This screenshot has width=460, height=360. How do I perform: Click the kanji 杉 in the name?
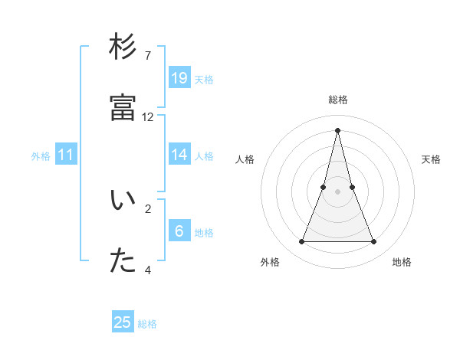[123, 47]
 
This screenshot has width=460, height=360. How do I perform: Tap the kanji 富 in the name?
[123, 109]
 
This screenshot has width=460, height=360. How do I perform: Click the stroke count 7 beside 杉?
[147, 56]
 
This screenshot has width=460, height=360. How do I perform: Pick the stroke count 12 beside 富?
[148, 117]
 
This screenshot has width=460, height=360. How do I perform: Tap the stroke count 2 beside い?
[147, 208]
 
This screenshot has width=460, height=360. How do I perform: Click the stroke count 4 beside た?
[147, 270]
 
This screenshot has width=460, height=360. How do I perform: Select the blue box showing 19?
[179, 78]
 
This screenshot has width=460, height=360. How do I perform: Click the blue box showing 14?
[179, 155]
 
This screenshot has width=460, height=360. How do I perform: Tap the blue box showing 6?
[179, 231]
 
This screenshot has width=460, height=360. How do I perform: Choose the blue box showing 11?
[66, 155]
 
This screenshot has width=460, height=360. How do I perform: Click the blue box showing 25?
[123, 322]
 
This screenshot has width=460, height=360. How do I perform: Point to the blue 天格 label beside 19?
[204, 80]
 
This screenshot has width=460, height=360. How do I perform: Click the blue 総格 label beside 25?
[147, 324]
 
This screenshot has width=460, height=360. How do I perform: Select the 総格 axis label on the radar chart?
[338, 100]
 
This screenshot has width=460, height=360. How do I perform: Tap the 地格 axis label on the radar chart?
[402, 262]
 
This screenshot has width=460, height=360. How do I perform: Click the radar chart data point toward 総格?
[338, 129]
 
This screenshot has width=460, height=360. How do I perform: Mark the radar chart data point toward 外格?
[302, 242]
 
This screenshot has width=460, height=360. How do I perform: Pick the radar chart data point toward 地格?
[374, 242]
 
